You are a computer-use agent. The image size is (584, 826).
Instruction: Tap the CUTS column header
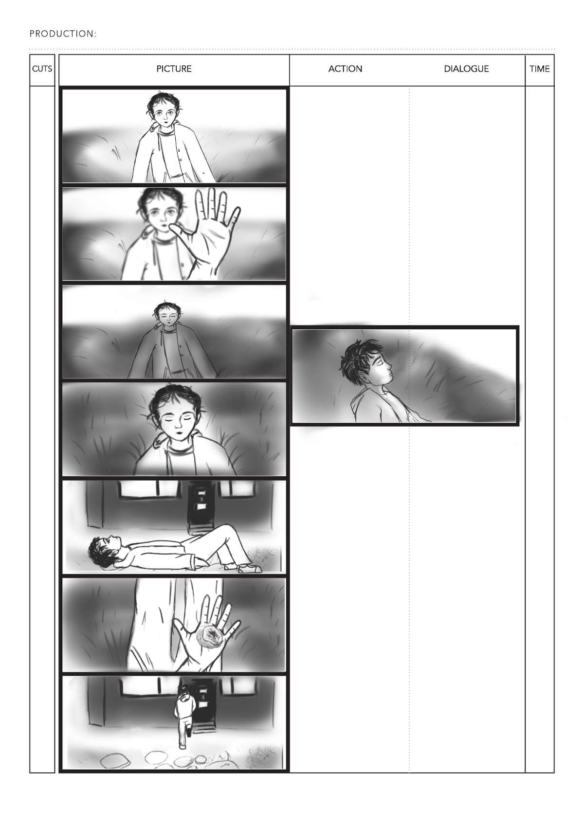tap(42, 69)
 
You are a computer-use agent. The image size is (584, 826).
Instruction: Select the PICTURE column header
tap(174, 69)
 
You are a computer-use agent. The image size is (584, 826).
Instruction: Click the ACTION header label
tap(346, 69)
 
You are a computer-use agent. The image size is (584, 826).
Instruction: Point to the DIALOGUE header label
tap(466, 69)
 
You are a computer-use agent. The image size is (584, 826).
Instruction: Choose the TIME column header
tap(539, 69)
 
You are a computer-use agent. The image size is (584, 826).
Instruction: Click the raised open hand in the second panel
tap(208, 233)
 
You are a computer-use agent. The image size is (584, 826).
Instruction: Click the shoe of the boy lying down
tap(250, 569)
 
